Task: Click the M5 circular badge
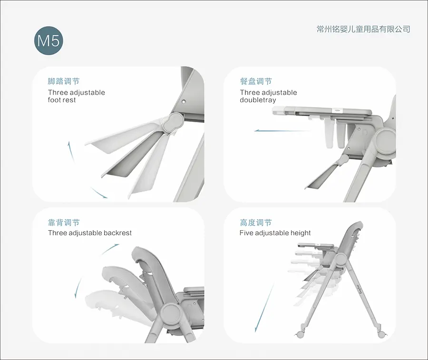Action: (49, 41)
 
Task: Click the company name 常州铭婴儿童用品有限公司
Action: (363, 29)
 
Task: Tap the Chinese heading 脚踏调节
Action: (64, 82)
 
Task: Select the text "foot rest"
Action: (62, 100)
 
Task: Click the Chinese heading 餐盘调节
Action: (256, 82)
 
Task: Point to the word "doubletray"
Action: (258, 100)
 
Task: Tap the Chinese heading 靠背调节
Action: (64, 223)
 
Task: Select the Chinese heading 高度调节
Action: (256, 223)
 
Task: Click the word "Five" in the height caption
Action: (246, 233)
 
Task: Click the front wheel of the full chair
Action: (301, 333)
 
